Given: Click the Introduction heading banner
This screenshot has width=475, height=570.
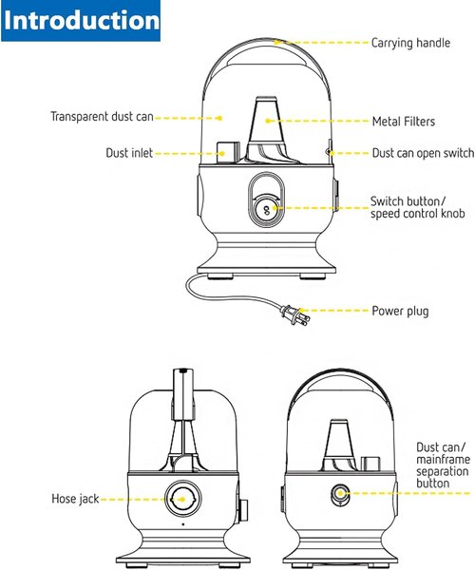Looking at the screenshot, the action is pyautogui.click(x=81, y=21).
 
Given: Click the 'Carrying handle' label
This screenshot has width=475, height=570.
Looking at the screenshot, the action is pyautogui.click(x=410, y=43).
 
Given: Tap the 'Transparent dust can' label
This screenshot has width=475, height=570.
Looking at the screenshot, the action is pyautogui.click(x=102, y=117).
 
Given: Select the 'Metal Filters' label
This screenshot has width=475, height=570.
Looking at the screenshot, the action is pyautogui.click(x=404, y=121).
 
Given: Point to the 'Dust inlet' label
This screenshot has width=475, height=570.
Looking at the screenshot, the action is pyautogui.click(x=129, y=153).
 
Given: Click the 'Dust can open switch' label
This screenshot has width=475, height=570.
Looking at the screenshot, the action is pyautogui.click(x=423, y=153).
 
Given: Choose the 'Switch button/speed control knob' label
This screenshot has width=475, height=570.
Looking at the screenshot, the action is pyautogui.click(x=418, y=207).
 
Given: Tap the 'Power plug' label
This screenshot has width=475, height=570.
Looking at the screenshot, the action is pyautogui.click(x=400, y=312).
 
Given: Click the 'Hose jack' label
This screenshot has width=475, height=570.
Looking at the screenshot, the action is pyautogui.click(x=75, y=499).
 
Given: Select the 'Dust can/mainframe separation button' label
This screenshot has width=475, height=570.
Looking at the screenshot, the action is pyautogui.click(x=444, y=465).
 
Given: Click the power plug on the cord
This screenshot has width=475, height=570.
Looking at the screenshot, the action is pyautogui.click(x=294, y=314).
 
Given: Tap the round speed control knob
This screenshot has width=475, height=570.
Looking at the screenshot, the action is pyautogui.click(x=266, y=210).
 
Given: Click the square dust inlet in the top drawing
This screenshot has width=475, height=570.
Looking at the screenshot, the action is pyautogui.click(x=228, y=151).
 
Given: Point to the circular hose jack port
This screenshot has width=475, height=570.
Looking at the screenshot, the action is pyautogui.click(x=182, y=499).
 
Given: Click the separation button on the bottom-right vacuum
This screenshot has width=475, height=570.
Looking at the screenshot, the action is pyautogui.click(x=340, y=494).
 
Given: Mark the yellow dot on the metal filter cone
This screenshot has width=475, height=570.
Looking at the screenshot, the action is pyautogui.click(x=268, y=121).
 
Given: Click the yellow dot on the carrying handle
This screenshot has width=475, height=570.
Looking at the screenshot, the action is pyautogui.click(x=276, y=42).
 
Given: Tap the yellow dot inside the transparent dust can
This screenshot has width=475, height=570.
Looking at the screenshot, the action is pyautogui.click(x=219, y=118).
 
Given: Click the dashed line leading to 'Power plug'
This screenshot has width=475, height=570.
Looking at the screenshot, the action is pyautogui.click(x=333, y=311).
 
